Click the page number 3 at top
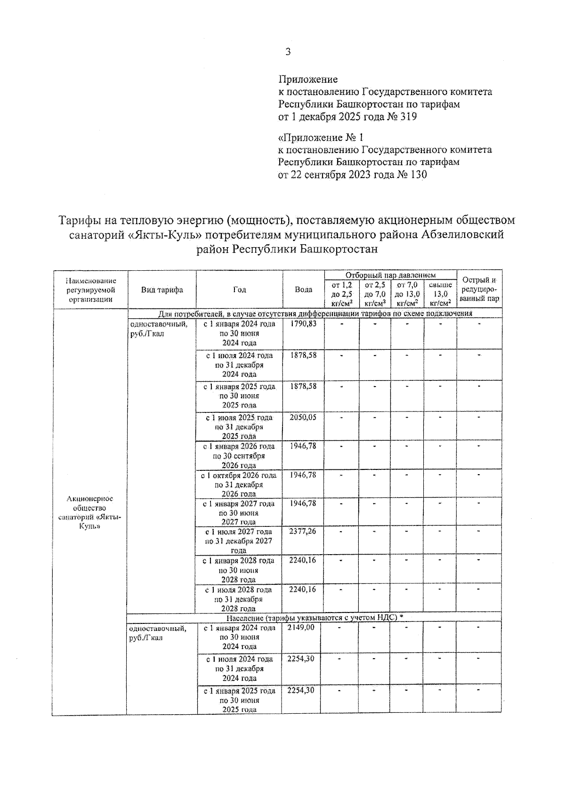288,52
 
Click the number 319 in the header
408,116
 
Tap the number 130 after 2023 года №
418,175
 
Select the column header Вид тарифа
162,290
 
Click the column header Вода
303,290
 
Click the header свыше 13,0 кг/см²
440,294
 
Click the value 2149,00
301,628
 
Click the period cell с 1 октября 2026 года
239,484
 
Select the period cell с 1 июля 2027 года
239,541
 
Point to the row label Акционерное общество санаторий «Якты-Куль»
90,512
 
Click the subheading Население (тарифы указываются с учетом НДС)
315,618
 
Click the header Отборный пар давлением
390,275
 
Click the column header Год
239,290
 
